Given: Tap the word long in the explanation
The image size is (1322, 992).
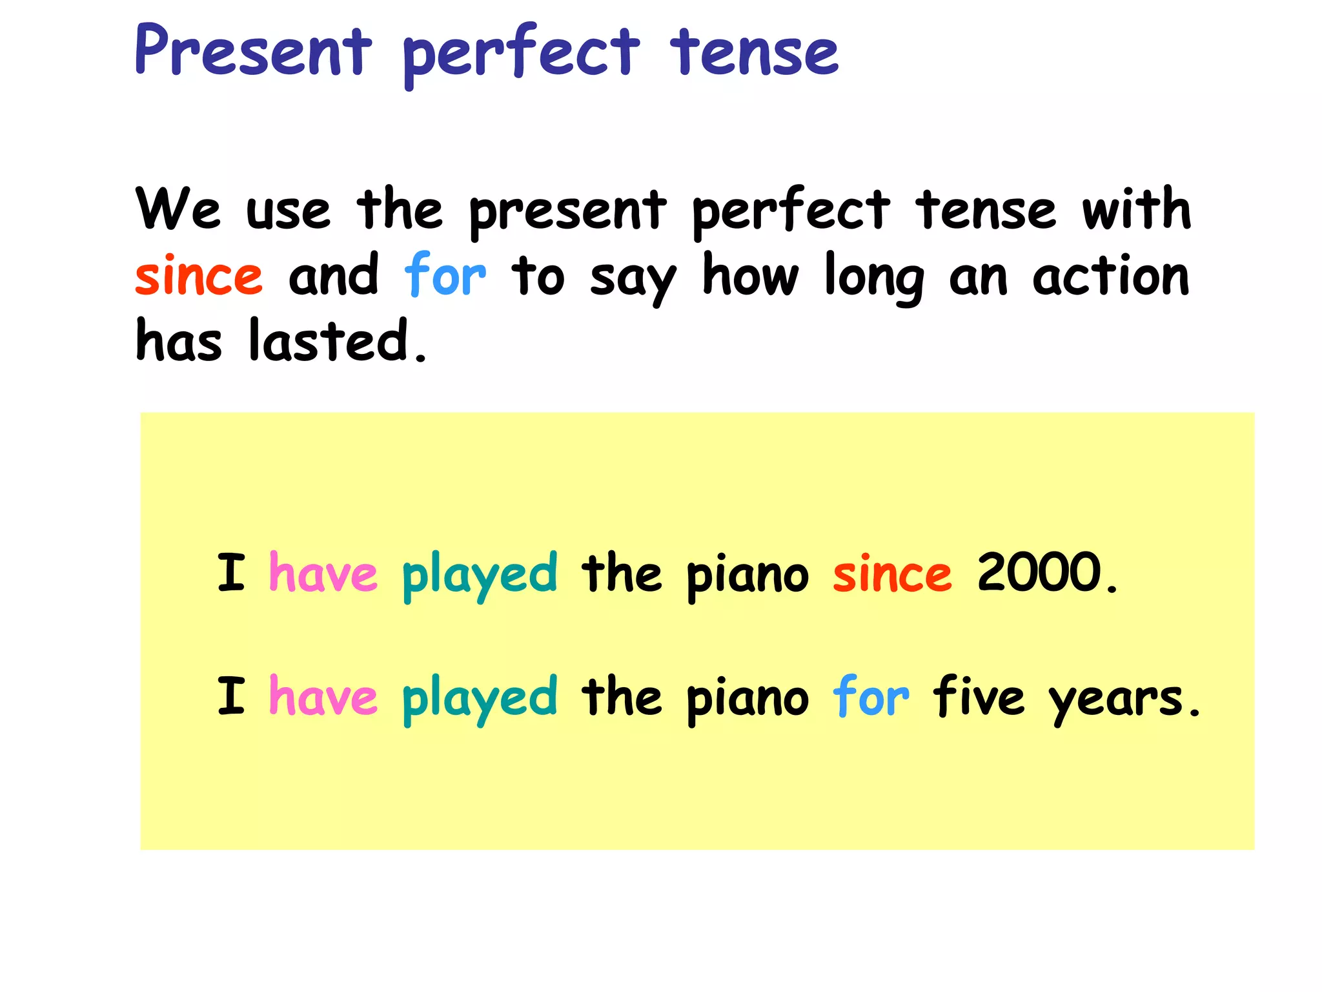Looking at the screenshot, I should coord(875,278).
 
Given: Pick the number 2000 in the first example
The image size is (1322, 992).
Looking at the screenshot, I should coord(1039,572).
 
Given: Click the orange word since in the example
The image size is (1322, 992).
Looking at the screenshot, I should coord(892,573).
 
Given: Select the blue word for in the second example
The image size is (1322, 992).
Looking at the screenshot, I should coord(871,696).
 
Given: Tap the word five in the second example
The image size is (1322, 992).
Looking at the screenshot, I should coord(979,696).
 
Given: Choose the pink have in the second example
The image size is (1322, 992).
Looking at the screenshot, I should coord(323,696).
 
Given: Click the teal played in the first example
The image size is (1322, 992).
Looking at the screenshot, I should coord(480,575).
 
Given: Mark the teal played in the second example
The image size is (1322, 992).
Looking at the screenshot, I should coord(480,699).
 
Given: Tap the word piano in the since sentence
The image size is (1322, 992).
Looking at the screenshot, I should coord(747,575).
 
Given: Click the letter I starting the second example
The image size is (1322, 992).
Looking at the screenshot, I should coord(231,696).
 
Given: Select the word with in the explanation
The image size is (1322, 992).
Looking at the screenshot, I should coord(1136,209).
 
